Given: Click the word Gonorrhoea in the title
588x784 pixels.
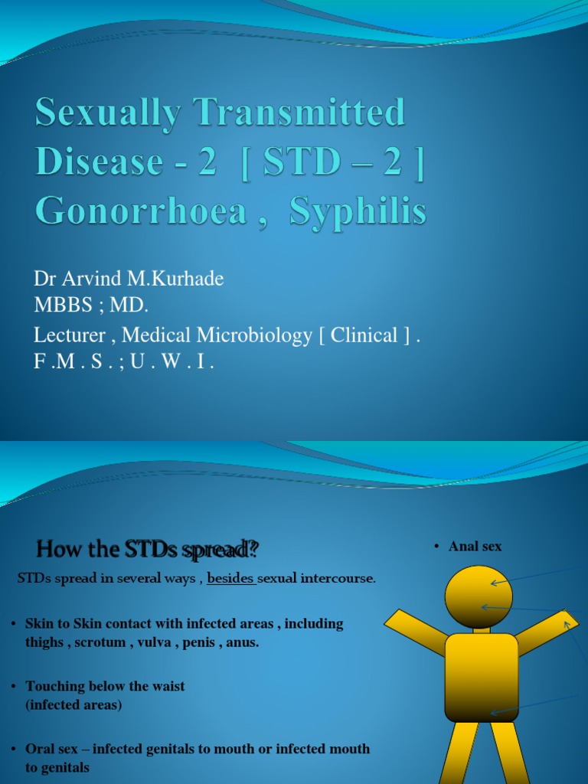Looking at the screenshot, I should (141, 211).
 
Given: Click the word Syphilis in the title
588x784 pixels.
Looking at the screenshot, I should (358, 211).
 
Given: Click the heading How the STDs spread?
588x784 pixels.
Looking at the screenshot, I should (148, 549).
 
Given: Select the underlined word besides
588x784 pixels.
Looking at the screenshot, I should (230, 579).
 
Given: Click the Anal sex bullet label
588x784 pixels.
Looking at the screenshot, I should (475, 546).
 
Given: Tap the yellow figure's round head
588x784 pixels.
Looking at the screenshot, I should (479, 595).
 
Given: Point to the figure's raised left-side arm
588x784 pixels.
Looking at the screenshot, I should (414, 632).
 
